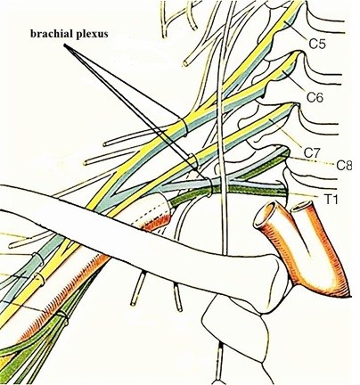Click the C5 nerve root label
coord(317,44)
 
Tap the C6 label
coord(315,97)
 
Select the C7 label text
coord(311,152)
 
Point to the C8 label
coord(344,165)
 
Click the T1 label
coord(331,200)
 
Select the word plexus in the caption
coord(92,35)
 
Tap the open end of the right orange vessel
coord(302,207)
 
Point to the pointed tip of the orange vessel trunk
coord(350,295)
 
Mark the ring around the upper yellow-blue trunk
coord(184,127)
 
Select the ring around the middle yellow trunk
coord(194,160)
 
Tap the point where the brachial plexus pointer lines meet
coord(64,45)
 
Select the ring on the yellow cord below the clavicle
coord(40,279)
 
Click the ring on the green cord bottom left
coord(62,317)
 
